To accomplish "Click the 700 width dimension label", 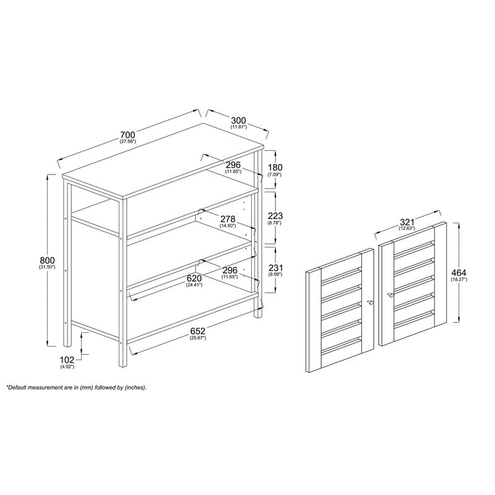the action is click(x=127, y=135).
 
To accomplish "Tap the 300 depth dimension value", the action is click(x=238, y=120).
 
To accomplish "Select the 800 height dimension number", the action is click(x=48, y=260).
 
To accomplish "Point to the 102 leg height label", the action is click(x=67, y=359).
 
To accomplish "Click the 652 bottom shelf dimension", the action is click(x=197, y=331).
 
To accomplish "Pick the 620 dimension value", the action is click(x=194, y=278).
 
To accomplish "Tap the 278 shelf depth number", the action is click(x=228, y=219).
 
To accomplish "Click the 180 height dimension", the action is click(x=275, y=167).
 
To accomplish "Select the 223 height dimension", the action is click(x=275, y=216).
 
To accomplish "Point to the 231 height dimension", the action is click(x=275, y=268).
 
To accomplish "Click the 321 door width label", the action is click(x=407, y=222).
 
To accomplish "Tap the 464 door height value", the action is click(x=458, y=273).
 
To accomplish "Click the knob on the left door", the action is click(x=369, y=303).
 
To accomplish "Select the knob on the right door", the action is click(x=390, y=295).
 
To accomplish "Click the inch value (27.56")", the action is click(x=127, y=142).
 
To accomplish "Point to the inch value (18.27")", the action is click(x=458, y=280).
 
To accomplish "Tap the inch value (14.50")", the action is click(x=228, y=225).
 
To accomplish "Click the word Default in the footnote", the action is click(x=17, y=387).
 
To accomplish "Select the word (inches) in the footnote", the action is click(x=136, y=388).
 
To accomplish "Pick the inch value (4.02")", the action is click(x=67, y=366).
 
